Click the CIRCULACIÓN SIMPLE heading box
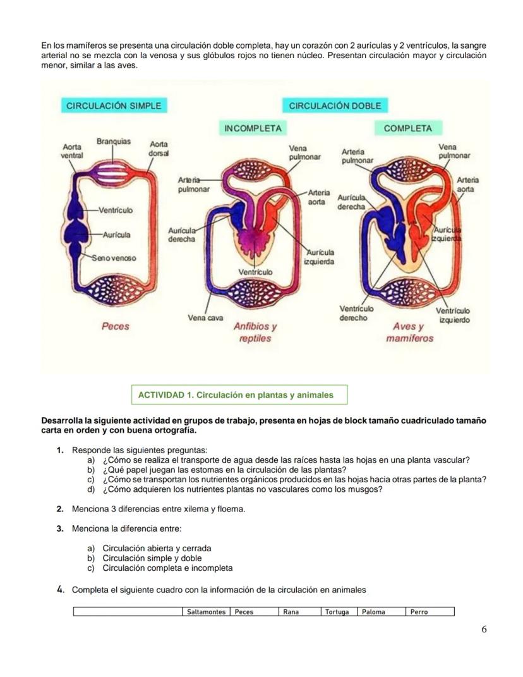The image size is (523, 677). click(114, 106)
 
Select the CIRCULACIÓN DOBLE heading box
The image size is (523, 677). click(335, 106)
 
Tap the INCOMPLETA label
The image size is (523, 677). click(252, 128)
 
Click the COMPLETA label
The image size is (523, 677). click(407, 128)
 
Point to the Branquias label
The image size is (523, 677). click(114, 142)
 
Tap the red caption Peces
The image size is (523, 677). click(115, 326)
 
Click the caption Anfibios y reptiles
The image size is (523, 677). click(255, 332)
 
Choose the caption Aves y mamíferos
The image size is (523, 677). click(409, 332)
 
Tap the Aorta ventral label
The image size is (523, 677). click(72, 150)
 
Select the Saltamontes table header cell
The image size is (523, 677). click(206, 612)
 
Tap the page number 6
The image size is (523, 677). click(484, 629)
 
